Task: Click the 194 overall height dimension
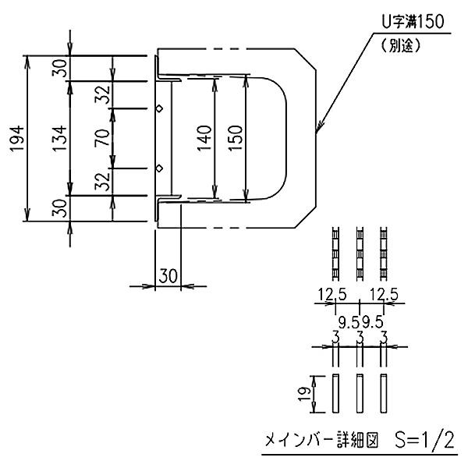click(x=17, y=139)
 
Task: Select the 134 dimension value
click(x=60, y=138)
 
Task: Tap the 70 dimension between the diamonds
click(x=102, y=137)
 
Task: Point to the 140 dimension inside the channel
click(x=204, y=138)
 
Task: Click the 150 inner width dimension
click(x=236, y=137)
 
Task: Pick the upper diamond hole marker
click(x=160, y=108)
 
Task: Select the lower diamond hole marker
click(x=160, y=168)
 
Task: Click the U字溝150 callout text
click(x=413, y=22)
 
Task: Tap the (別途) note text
click(x=402, y=46)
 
